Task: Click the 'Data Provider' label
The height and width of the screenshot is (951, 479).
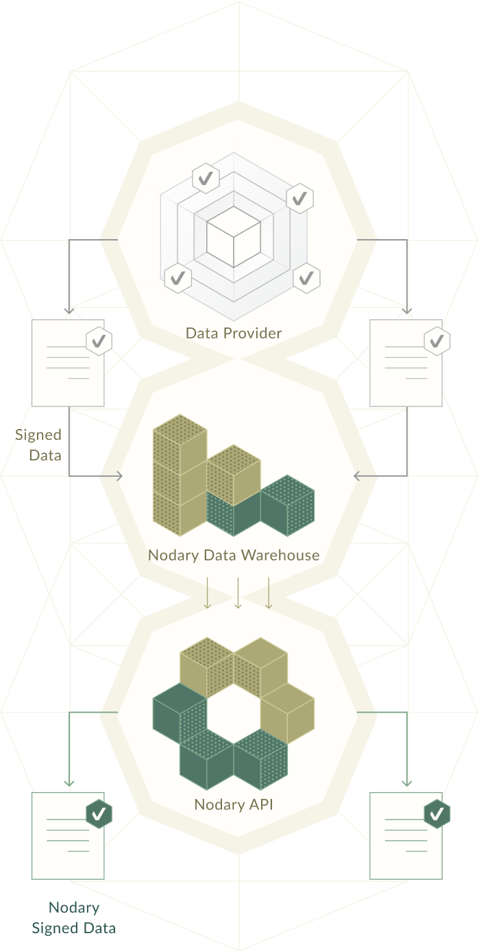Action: coord(234,334)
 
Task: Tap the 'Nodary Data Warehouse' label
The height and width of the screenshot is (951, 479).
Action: coord(234,555)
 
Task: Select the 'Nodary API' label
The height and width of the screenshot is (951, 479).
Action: coord(234,804)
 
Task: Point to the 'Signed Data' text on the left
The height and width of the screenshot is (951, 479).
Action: coord(39,445)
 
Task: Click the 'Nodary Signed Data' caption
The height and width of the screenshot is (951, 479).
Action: coord(73,918)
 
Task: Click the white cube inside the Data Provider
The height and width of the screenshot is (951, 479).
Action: coord(234,236)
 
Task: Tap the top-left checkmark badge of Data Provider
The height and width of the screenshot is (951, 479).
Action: coord(205,179)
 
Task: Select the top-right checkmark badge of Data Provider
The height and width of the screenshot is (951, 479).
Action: coord(299,199)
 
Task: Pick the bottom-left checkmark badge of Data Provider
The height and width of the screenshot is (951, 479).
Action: coord(177,277)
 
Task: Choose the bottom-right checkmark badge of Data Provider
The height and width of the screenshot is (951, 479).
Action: coord(306,277)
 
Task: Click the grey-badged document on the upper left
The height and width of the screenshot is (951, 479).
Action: coord(68,363)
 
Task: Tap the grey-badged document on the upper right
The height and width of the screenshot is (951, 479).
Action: coord(406,363)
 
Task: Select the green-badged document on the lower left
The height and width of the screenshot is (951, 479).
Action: coord(68,836)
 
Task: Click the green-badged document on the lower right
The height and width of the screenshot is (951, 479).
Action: coord(406,836)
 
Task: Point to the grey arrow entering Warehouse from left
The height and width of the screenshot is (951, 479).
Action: coord(110,476)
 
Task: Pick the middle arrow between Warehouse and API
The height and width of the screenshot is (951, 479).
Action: coord(238,593)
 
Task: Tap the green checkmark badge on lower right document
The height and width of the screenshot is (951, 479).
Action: coord(437,813)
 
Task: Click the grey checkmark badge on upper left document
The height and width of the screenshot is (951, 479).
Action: coord(99,340)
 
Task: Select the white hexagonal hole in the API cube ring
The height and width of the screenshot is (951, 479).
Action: coord(233,713)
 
